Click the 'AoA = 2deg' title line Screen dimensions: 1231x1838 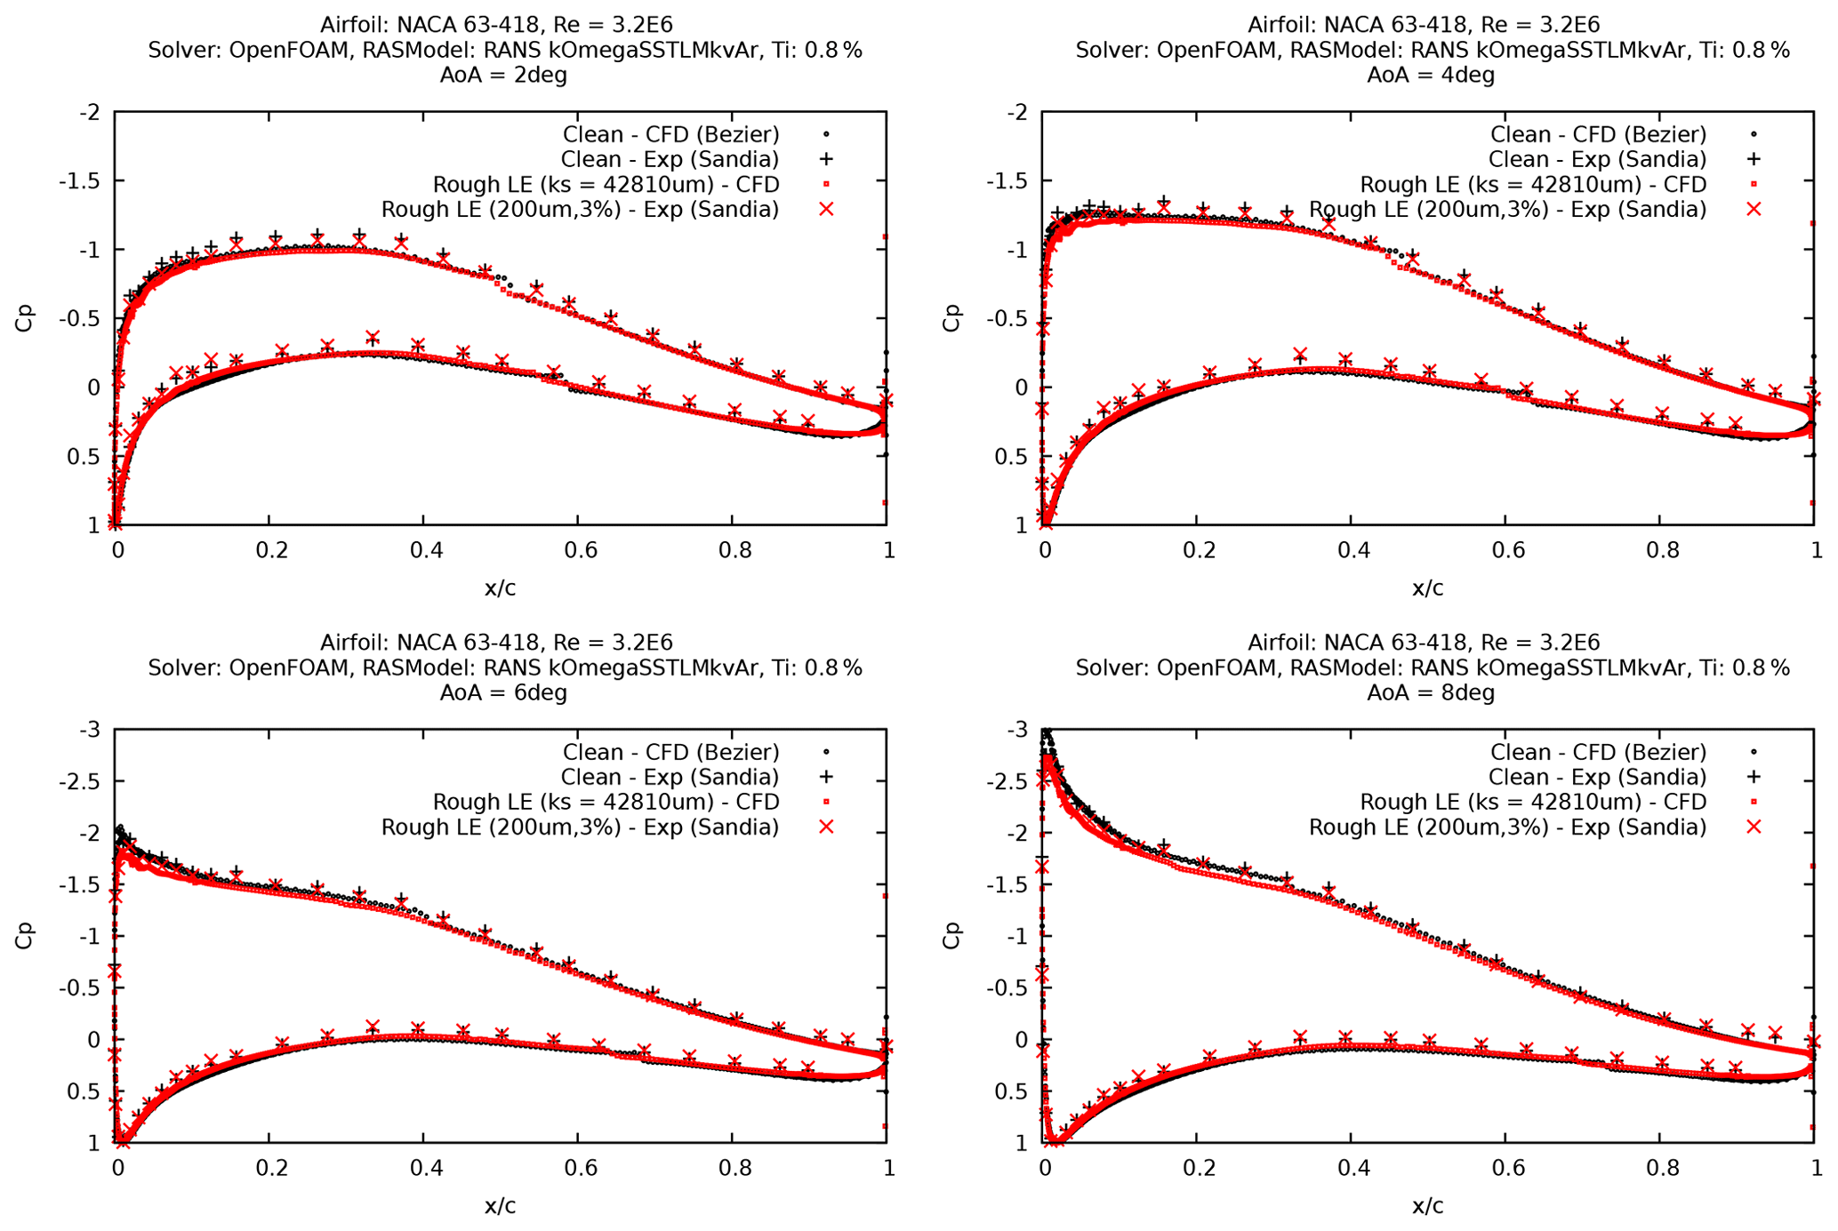coord(503,75)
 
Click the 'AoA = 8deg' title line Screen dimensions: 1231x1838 coord(1431,692)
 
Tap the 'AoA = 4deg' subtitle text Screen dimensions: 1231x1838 coord(1431,75)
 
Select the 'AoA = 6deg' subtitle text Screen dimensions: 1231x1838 coord(503,692)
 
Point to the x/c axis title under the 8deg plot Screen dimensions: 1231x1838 coord(1427,1206)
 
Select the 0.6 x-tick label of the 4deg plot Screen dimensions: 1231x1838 coord(1508,550)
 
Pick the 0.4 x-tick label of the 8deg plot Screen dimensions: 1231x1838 coord(1353,1168)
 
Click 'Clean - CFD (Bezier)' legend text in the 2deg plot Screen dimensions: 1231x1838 coord(670,134)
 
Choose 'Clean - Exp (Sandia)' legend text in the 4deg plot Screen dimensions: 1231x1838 coord(1598,159)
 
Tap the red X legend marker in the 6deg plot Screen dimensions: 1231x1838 coord(826,827)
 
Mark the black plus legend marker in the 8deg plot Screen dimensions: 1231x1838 coord(1754,777)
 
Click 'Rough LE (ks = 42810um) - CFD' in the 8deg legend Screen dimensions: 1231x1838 coord(1533,802)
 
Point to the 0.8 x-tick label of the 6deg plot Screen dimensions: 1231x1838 coord(734,1168)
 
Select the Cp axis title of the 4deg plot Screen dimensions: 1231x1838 coord(952,317)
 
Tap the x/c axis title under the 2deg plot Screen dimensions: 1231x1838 coord(500,588)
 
